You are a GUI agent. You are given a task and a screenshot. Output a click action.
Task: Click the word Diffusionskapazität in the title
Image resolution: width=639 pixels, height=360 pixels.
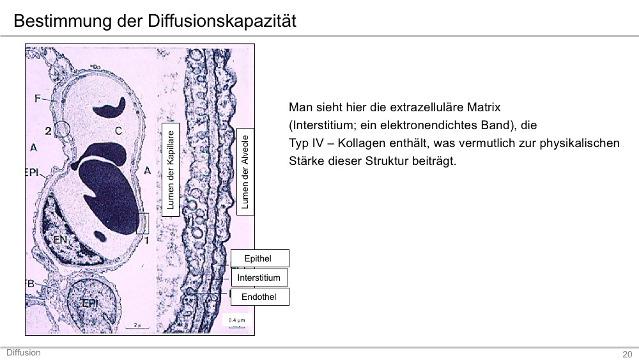(222, 21)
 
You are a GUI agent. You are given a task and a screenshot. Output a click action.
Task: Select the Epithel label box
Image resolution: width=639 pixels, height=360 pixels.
(260, 258)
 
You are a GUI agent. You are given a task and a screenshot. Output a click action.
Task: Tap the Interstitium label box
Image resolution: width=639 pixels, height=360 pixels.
(259, 278)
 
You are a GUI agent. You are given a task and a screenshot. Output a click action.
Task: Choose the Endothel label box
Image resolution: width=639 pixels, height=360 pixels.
(260, 297)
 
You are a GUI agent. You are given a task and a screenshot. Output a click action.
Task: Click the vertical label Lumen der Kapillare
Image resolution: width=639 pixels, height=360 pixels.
(171, 169)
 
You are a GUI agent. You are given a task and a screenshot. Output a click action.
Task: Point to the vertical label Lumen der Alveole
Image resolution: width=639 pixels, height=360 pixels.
(245, 171)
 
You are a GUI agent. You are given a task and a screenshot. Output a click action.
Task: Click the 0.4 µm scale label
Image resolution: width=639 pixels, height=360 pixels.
(237, 320)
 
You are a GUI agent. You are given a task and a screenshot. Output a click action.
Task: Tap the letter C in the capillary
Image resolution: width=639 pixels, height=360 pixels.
(118, 131)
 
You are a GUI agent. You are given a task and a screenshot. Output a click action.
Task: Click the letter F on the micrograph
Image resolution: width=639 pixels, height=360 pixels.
(38, 98)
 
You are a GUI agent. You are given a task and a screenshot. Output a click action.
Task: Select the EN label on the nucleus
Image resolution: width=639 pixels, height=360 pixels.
(60, 240)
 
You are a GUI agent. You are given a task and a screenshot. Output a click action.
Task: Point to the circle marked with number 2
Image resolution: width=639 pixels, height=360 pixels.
(62, 129)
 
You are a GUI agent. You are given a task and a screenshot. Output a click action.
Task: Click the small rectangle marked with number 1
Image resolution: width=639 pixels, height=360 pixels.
(142, 223)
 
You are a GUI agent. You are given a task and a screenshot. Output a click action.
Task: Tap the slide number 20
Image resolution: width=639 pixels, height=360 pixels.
(627, 354)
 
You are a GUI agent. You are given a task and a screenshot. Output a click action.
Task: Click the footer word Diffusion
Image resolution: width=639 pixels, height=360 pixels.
(24, 353)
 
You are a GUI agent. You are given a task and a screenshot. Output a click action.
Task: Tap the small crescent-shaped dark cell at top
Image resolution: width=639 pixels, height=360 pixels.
(110, 107)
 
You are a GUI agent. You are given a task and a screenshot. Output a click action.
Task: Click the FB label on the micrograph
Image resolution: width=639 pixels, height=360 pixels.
(31, 283)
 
